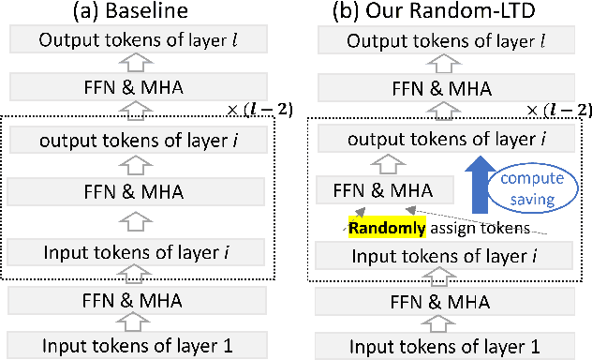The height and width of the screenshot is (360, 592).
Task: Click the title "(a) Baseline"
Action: [x=139, y=13]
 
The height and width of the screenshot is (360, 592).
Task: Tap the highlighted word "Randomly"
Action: [x=380, y=227]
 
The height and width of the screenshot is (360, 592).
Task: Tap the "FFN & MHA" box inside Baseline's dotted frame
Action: [x=140, y=192]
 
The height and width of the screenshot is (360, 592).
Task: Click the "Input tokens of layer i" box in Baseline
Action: [x=140, y=253]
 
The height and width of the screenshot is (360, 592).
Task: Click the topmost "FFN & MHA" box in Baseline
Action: [x=140, y=89]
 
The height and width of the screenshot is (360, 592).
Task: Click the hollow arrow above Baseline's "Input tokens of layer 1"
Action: [x=140, y=322]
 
